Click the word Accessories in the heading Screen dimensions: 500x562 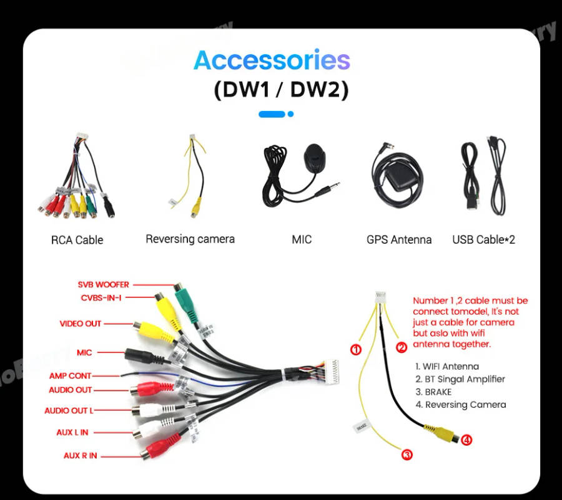(272, 60)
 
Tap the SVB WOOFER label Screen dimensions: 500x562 (103, 285)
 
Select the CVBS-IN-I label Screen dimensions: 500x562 (101, 297)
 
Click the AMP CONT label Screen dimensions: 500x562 (70, 376)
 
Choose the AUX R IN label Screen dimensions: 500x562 (80, 456)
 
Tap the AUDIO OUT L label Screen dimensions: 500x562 (69, 411)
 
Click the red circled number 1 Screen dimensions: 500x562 (356, 349)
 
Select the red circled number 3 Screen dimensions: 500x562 (407, 455)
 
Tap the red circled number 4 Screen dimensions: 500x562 (466, 440)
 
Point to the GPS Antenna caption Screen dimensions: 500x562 (398, 239)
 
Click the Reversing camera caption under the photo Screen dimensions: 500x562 (190, 239)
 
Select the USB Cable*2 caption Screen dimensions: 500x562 (483, 239)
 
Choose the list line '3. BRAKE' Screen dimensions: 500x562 (433, 392)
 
